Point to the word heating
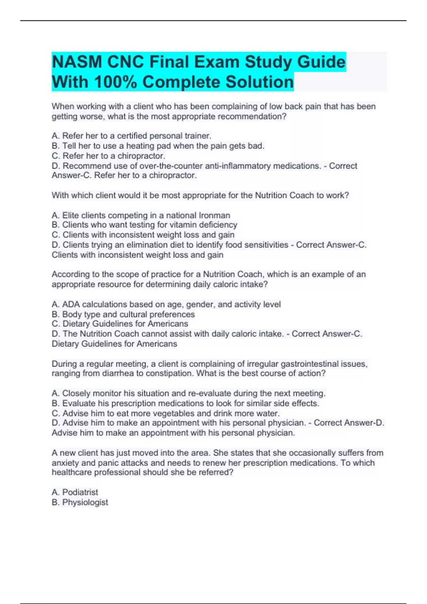pyautogui.click(x=139, y=146)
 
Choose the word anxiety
pyautogui.click(x=65, y=463)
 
